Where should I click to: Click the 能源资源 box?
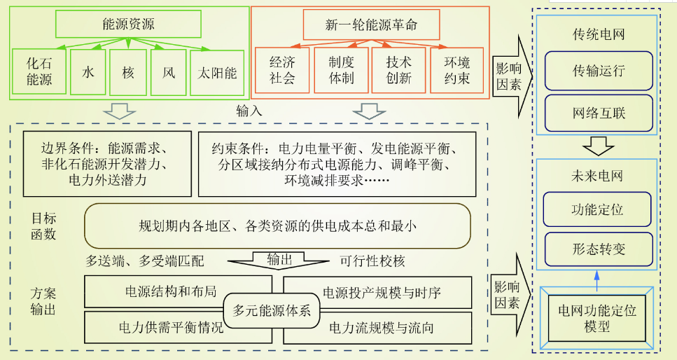coord(128,25)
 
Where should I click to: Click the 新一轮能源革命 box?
coord(371,25)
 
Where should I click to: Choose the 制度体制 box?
coord(341,70)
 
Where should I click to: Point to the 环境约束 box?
coord(457,70)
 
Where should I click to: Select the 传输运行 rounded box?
coord(598,71)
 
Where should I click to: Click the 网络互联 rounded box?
coord(598,112)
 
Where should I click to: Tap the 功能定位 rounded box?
coord(598,209)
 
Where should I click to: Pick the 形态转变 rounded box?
coord(598,249)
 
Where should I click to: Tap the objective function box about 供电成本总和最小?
coord(277,226)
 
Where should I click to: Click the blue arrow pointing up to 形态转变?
coord(597,277)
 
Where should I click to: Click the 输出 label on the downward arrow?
coord(279,259)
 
